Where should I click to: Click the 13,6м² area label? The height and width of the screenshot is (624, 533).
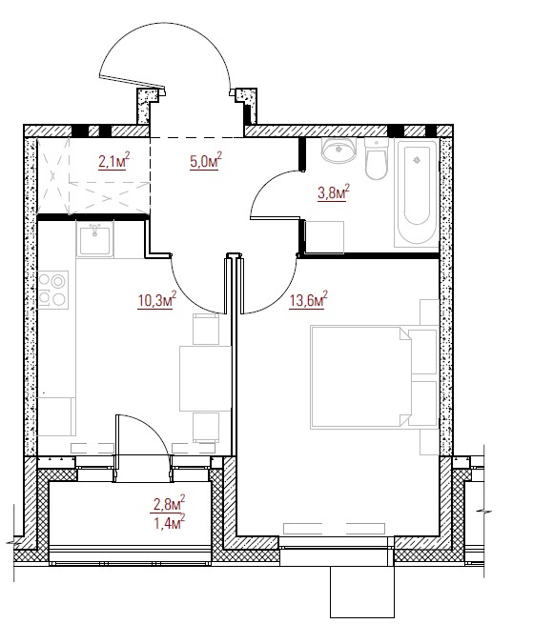tap(309, 300)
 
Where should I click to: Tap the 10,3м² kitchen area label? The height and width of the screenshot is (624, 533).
tap(156, 300)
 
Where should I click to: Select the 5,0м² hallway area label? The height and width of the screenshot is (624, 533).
tap(206, 161)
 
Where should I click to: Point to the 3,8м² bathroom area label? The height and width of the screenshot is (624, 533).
tap(334, 193)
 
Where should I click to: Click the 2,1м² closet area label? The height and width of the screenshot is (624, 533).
tap(114, 161)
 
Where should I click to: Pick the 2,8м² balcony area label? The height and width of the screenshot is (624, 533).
tap(170, 503)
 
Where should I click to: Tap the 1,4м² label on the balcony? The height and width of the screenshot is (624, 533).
tap(170, 522)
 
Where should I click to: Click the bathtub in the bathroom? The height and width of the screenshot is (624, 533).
tap(417, 193)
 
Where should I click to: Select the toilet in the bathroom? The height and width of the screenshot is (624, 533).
tap(376, 158)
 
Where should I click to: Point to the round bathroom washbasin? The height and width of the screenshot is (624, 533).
tap(338, 150)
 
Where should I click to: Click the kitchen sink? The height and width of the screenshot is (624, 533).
tap(94, 239)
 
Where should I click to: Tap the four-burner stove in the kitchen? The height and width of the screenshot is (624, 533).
tap(52, 291)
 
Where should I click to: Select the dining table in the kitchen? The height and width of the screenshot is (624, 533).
tap(205, 378)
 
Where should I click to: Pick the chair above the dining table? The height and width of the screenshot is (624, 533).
tap(206, 329)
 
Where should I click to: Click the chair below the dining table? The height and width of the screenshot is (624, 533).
tap(206, 428)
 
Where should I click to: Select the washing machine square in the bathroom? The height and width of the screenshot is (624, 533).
tap(324, 237)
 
